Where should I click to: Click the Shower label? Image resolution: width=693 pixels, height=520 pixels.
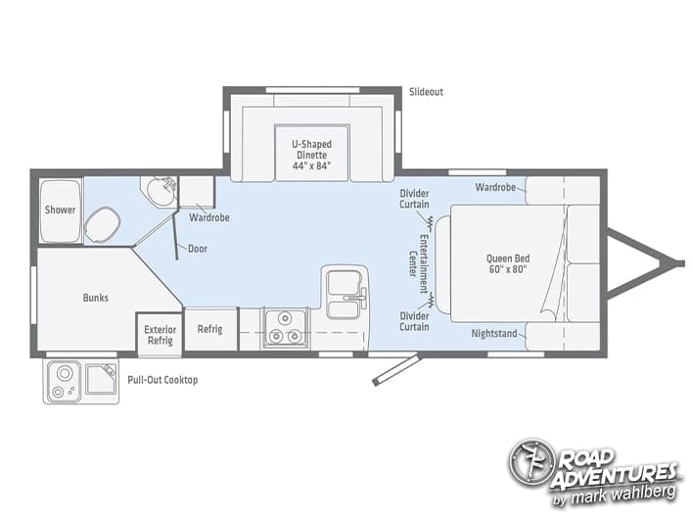[x=60, y=210]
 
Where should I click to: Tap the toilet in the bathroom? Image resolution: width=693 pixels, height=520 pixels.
[x=103, y=224]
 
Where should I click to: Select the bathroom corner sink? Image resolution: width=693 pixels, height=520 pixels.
[x=161, y=191]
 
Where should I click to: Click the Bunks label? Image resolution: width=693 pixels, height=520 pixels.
[x=96, y=298]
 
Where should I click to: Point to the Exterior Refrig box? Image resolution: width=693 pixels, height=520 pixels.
[x=160, y=335]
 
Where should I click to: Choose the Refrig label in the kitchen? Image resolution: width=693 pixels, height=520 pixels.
[x=209, y=329]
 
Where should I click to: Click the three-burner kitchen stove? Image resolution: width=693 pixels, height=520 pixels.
[x=285, y=328]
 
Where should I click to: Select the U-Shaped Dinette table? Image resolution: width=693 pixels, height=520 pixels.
[x=312, y=153]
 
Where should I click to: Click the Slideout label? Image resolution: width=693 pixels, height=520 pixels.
[x=426, y=92]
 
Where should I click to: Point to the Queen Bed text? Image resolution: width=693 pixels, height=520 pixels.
[x=508, y=263]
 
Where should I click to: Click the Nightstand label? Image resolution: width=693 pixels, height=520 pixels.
[x=494, y=333]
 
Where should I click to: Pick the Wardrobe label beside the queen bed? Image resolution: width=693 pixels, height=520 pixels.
[x=495, y=187]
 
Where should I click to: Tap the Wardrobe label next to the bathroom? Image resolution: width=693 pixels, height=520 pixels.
[x=209, y=217]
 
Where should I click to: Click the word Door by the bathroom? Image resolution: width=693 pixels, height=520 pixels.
[x=198, y=249]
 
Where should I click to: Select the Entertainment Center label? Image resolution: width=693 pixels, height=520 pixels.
[x=418, y=264]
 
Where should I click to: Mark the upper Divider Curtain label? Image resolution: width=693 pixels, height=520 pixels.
[x=414, y=199]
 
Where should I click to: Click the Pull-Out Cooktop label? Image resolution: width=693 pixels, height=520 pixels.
[x=162, y=380]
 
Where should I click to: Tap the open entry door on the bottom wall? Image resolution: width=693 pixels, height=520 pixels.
[x=395, y=369]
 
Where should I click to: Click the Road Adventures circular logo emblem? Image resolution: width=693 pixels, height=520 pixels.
[x=531, y=462]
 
